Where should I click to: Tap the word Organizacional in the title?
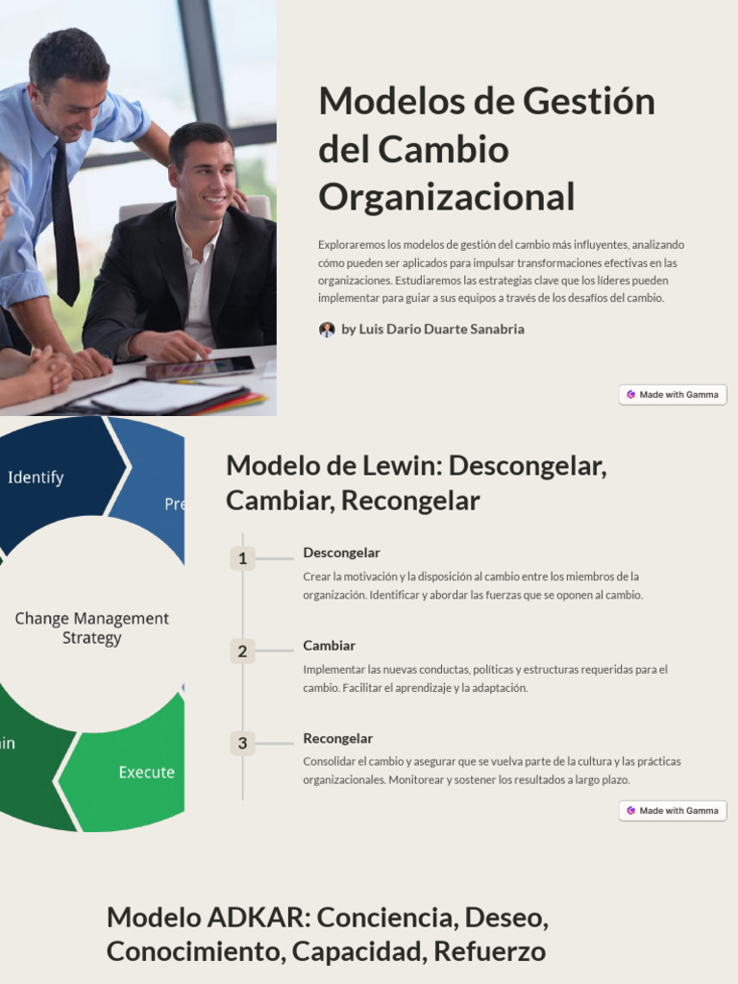pyautogui.click(x=446, y=197)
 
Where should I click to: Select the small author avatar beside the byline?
pyautogui.click(x=327, y=330)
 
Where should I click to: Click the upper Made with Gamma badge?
pyautogui.click(x=673, y=394)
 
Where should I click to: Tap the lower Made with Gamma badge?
pyautogui.click(x=673, y=810)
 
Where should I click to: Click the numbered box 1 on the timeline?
pyautogui.click(x=242, y=558)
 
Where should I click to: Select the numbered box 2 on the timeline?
pyautogui.click(x=242, y=652)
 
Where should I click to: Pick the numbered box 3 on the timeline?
pyautogui.click(x=242, y=744)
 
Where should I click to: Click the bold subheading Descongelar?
pyautogui.click(x=341, y=553)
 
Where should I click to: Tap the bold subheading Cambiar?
pyautogui.click(x=329, y=646)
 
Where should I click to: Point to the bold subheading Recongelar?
pyautogui.click(x=337, y=738)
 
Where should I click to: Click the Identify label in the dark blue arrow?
pyautogui.click(x=36, y=477)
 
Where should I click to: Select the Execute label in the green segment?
pyautogui.click(x=146, y=772)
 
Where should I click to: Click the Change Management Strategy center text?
pyautogui.click(x=92, y=627)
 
